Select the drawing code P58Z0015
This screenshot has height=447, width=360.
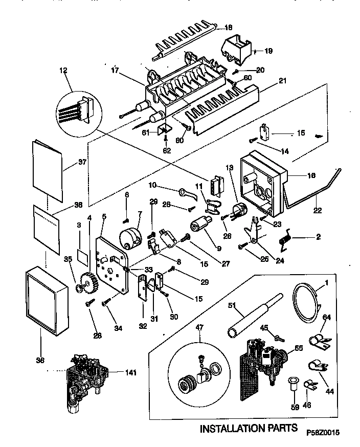tap(323, 432)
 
